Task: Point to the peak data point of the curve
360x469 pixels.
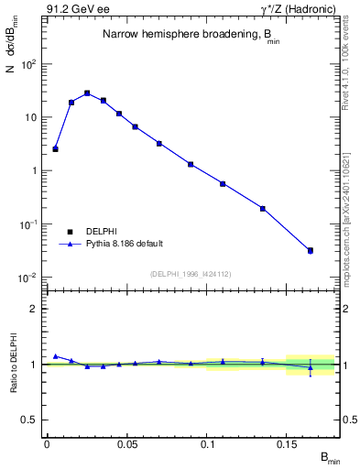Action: click(87, 93)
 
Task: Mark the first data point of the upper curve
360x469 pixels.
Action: click(55, 148)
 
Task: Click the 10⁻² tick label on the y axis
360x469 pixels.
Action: click(28, 277)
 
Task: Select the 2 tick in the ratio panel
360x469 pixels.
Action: click(35, 309)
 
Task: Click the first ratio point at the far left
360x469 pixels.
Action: click(55, 356)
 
